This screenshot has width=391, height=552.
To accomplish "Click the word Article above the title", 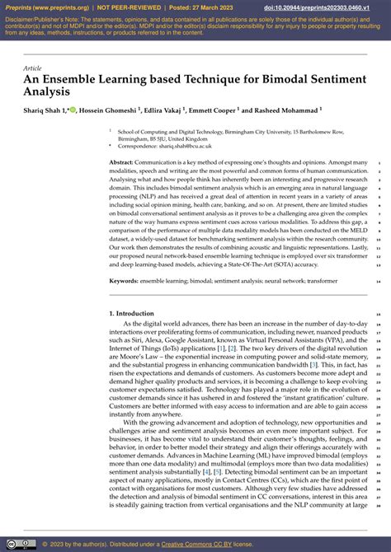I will (34, 68).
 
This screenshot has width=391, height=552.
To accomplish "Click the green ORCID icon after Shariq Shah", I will (73, 110).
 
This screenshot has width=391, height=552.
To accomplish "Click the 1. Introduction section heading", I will (131, 314).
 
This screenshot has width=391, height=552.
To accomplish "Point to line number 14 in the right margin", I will (377, 281).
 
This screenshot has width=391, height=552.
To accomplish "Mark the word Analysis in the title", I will (50, 92).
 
